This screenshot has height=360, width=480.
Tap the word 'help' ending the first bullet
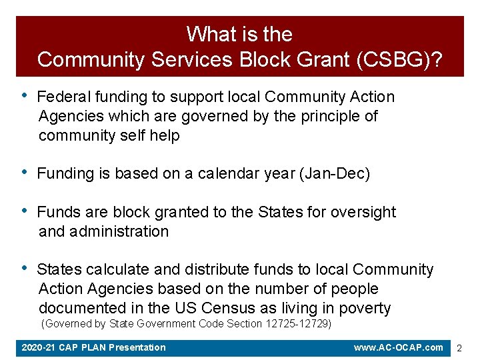coord(165,136)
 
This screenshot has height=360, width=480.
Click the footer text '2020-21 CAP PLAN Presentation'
coord(94,347)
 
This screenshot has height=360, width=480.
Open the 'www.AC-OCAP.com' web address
coord(399,347)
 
